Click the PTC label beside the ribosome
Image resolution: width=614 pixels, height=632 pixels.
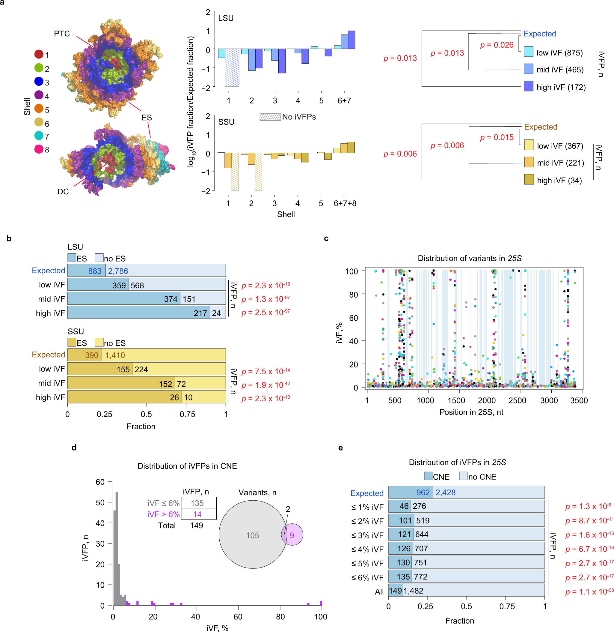(62, 34)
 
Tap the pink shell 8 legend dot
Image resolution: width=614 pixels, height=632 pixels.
(39, 149)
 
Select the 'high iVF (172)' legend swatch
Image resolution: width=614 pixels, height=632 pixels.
(528, 86)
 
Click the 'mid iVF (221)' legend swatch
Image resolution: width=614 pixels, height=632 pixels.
(529, 162)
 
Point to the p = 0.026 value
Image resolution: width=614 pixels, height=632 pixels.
(497, 45)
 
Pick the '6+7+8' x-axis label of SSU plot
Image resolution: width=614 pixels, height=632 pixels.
(345, 203)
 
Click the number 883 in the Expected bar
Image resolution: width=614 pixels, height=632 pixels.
(95, 271)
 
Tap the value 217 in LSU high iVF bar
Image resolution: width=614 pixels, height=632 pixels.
(200, 313)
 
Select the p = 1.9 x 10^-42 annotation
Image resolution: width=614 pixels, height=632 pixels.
(266, 385)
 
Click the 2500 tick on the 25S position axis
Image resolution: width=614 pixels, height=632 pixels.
(517, 400)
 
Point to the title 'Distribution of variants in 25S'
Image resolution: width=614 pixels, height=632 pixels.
(470, 258)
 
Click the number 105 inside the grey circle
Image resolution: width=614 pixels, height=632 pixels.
(253, 535)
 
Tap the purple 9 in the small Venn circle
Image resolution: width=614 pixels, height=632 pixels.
(292, 535)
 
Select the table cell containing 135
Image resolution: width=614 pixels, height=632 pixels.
(197, 503)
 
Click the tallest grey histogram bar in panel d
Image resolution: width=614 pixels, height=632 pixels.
(116, 549)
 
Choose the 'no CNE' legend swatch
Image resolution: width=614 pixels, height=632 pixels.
(463, 476)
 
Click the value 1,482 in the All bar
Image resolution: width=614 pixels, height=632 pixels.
(414, 591)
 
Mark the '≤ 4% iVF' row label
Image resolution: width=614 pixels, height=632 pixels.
(367, 550)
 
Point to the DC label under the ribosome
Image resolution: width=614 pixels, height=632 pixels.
(63, 192)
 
